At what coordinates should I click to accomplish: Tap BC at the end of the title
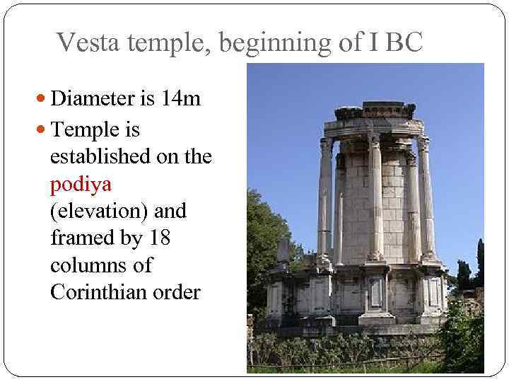tap(404, 43)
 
